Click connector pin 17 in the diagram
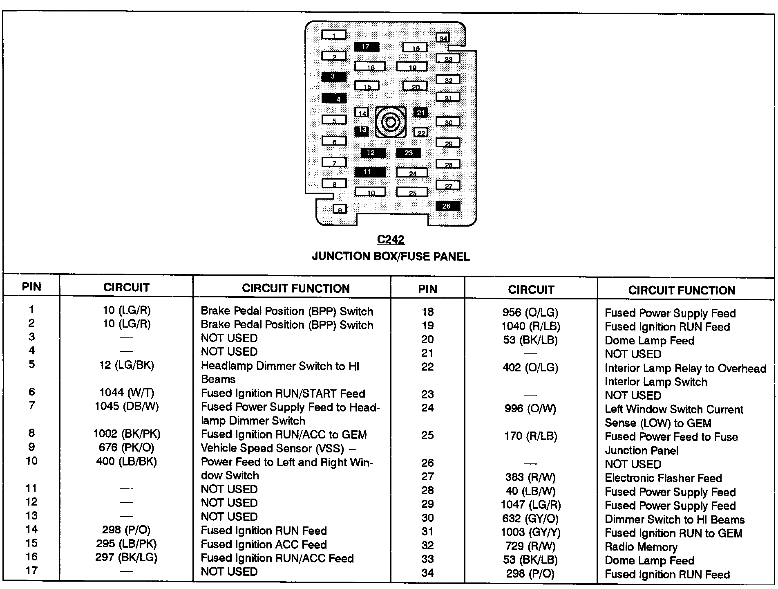(x=366, y=47)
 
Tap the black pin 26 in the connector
(x=447, y=206)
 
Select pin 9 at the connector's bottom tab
(x=340, y=210)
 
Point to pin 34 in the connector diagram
(x=443, y=38)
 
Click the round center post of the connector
(x=391, y=122)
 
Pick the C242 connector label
(x=391, y=240)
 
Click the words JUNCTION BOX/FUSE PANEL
(x=391, y=256)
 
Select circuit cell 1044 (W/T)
(x=127, y=393)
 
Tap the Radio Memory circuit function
(x=641, y=547)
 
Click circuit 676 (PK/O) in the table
(x=127, y=448)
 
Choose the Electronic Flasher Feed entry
(x=663, y=478)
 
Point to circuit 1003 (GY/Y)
(x=530, y=532)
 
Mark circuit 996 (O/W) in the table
(x=530, y=409)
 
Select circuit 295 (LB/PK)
(x=127, y=544)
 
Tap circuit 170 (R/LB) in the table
(x=530, y=436)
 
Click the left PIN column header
(x=31, y=287)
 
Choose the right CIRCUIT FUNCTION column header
(x=682, y=290)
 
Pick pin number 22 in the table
(x=427, y=367)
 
